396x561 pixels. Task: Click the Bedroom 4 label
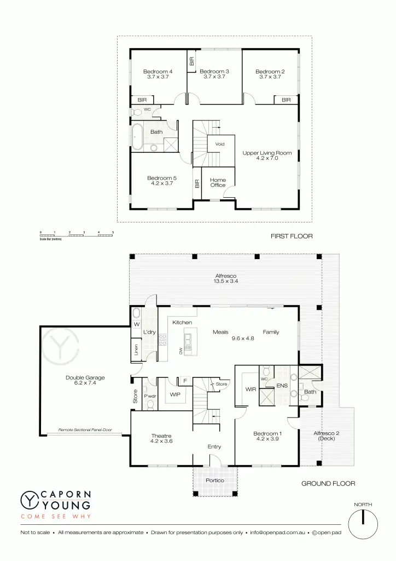158,74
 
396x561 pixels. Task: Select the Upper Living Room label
267,156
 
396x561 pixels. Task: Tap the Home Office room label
218,182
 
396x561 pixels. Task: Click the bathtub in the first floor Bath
136,138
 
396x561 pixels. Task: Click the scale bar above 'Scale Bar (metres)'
77,235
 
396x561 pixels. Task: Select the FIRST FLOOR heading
291,237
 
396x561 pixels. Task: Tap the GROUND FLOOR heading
328,484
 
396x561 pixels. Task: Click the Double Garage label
85,380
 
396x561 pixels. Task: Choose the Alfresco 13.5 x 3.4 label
225,278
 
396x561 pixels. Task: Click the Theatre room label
161,438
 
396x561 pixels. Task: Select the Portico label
215,480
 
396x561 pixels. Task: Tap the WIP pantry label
175,394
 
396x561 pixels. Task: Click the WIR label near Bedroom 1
251,390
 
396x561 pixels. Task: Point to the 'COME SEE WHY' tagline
55,517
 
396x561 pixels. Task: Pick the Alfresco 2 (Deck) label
327,436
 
